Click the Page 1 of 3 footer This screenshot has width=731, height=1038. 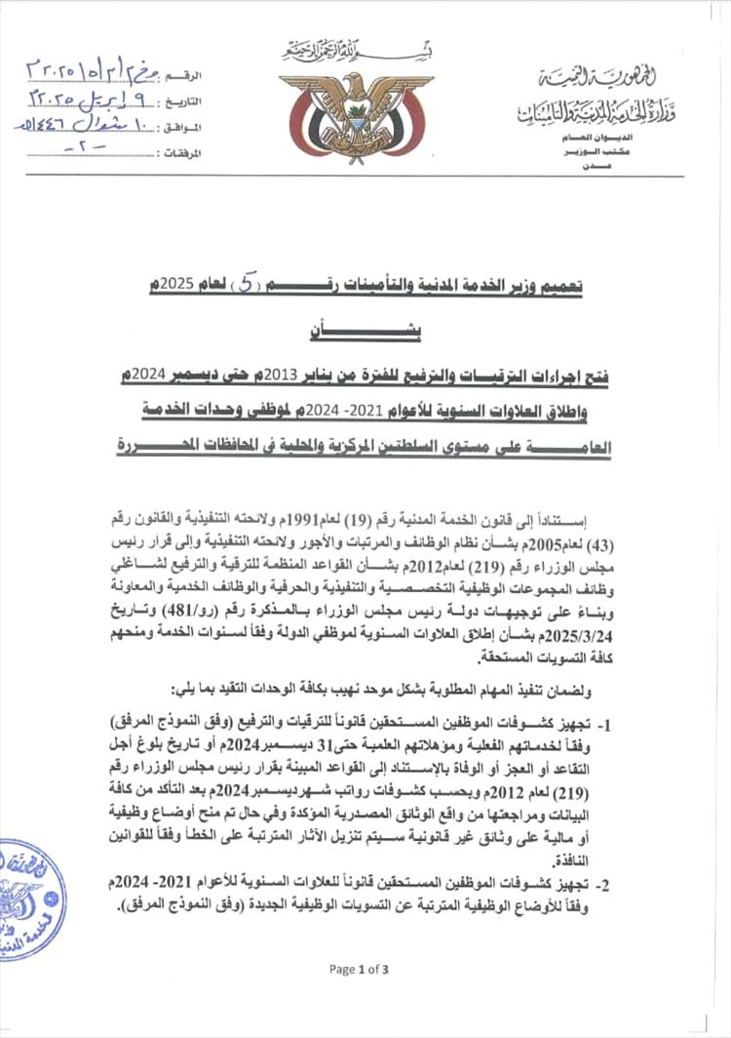(359, 969)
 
